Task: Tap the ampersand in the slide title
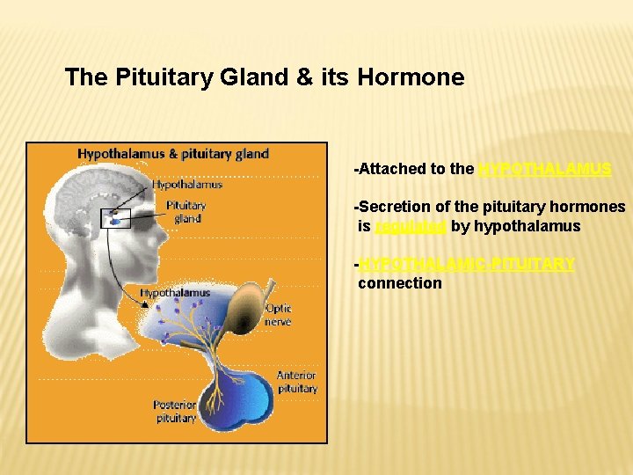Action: pyautogui.click(x=304, y=77)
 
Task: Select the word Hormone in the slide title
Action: pyautogui.click(x=411, y=77)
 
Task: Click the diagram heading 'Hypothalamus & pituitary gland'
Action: pyautogui.click(x=173, y=153)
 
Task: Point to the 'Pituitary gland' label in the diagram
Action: pyautogui.click(x=186, y=212)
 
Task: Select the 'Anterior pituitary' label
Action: pyautogui.click(x=297, y=382)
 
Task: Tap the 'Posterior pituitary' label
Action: pyautogui.click(x=174, y=412)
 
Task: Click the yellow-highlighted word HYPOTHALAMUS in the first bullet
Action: pyautogui.click(x=544, y=169)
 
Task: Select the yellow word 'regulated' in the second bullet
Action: pyautogui.click(x=411, y=226)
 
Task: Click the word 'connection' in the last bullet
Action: pyautogui.click(x=399, y=283)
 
